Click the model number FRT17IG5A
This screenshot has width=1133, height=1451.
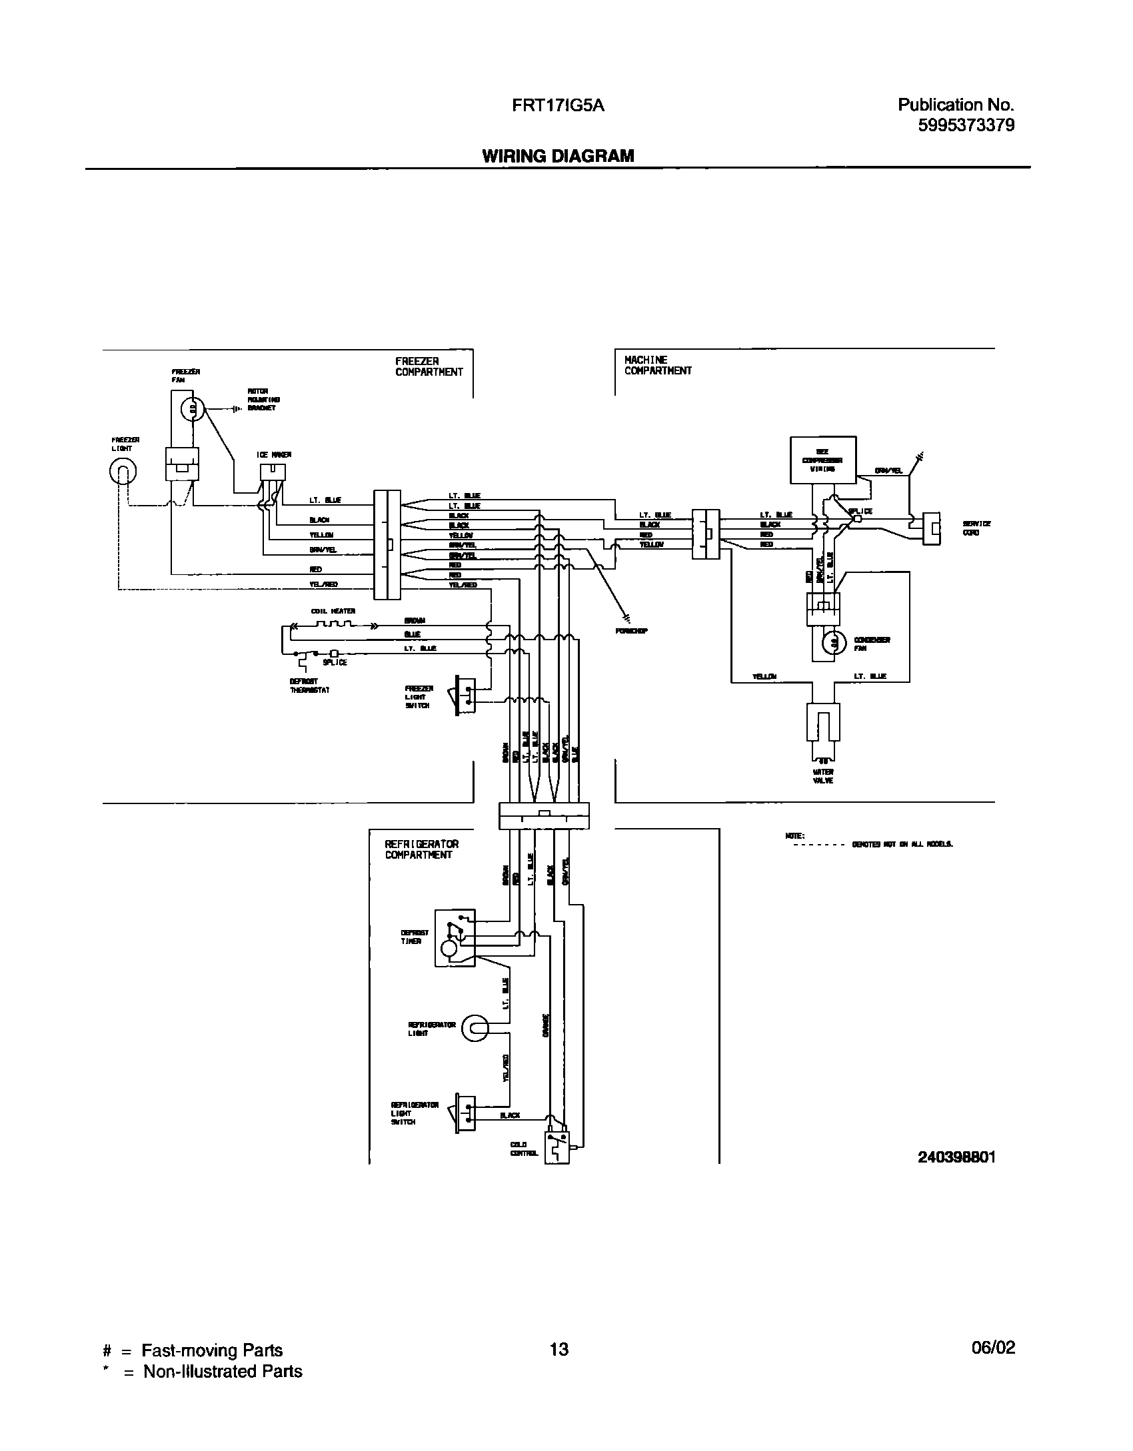(x=559, y=105)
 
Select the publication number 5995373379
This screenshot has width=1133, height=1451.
(x=966, y=125)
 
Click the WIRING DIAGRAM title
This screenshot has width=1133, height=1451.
(x=558, y=156)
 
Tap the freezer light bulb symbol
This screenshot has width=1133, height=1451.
(x=123, y=473)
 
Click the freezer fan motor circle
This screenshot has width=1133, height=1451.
(x=192, y=408)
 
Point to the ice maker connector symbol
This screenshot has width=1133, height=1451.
(x=273, y=471)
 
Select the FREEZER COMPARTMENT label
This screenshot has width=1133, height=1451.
(x=429, y=366)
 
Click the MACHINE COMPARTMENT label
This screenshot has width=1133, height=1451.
(x=657, y=365)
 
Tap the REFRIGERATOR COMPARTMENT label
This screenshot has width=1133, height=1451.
(x=421, y=849)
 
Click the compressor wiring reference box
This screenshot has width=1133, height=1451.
(x=822, y=460)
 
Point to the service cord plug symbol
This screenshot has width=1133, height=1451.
(x=931, y=528)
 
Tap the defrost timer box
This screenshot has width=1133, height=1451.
(x=455, y=937)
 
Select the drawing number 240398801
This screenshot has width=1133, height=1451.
(x=956, y=1157)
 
